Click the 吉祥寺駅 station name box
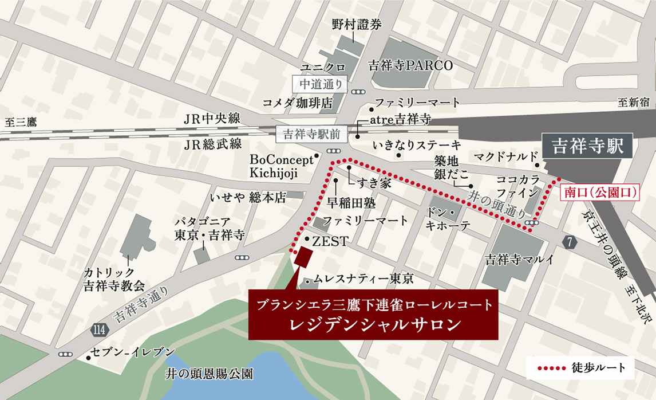click(x=587, y=147)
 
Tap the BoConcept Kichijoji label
click(x=281, y=166)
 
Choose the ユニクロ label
click(x=324, y=68)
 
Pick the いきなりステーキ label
click(x=416, y=144)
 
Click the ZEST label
click(x=330, y=241)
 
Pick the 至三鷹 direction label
click(x=21, y=122)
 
